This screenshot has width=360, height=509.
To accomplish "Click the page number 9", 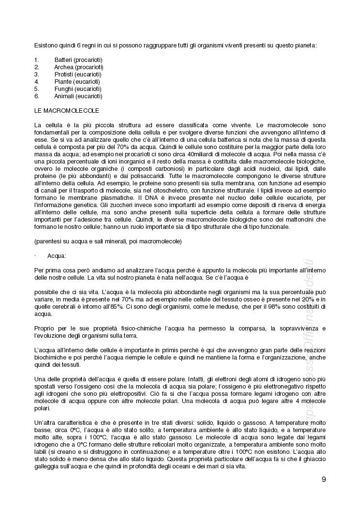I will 323,479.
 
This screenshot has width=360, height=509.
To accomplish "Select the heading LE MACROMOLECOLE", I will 67,111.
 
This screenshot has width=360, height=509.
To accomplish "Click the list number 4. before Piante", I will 36,82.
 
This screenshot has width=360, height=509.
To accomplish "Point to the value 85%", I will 145,307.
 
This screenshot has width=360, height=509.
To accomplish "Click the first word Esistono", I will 45,45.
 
